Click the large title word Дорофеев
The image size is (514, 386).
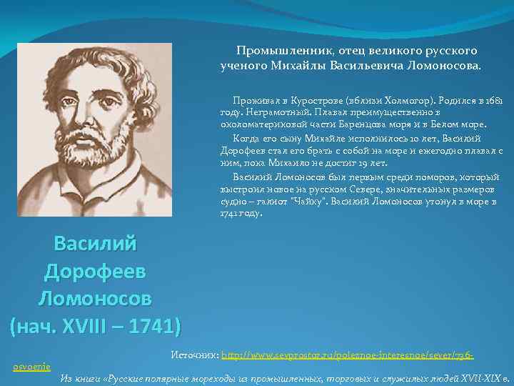point(95,271)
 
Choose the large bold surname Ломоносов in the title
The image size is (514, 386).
point(95,297)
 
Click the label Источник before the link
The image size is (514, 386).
point(195,355)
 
